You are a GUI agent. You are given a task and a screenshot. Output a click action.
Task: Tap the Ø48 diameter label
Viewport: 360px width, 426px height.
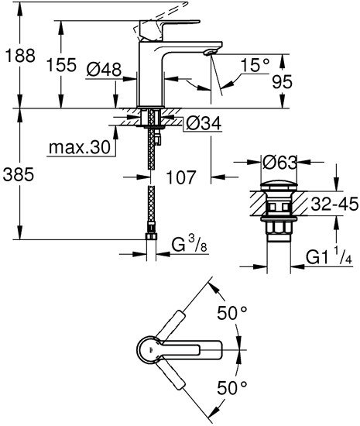point(105,70)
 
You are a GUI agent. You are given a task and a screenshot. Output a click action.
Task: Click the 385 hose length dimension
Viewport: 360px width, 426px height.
point(18,175)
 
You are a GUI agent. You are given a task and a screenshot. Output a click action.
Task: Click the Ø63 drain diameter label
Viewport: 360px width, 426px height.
point(279,163)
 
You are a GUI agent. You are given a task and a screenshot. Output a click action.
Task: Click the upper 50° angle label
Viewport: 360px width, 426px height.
point(233,315)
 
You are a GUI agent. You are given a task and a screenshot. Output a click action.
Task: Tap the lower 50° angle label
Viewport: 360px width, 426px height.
point(233,386)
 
